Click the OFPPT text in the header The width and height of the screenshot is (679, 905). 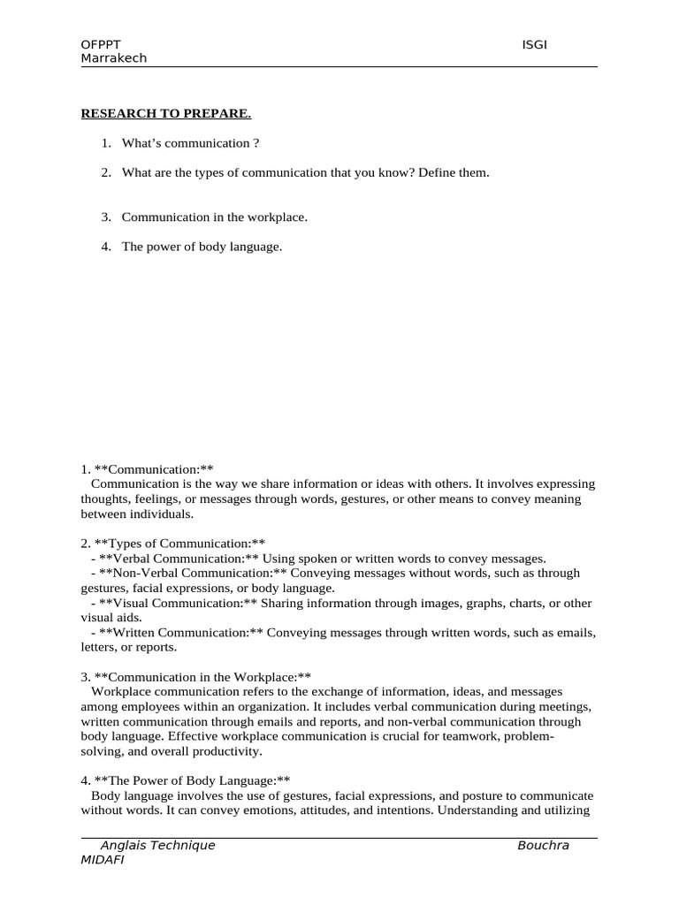click(102, 45)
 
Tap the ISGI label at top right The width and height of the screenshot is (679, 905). click(535, 45)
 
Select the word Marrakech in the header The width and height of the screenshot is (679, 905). click(114, 58)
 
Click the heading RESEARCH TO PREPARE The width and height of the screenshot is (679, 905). click(166, 113)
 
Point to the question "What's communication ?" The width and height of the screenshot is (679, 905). click(190, 143)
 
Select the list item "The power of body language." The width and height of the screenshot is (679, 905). click(202, 247)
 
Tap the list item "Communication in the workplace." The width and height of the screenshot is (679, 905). click(214, 217)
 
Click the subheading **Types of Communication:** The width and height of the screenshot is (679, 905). click(180, 543)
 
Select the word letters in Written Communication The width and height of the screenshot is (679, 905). click(99, 647)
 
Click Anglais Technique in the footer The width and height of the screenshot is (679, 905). click(157, 846)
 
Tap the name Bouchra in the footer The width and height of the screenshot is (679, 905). click(543, 846)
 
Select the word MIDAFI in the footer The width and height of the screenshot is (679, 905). click(103, 860)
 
